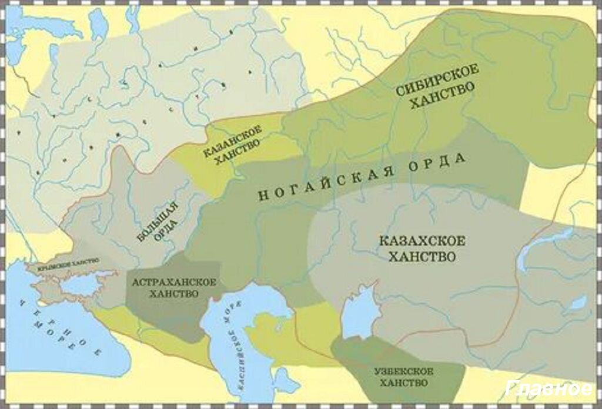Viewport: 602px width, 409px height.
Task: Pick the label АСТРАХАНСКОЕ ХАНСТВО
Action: click(173, 287)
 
